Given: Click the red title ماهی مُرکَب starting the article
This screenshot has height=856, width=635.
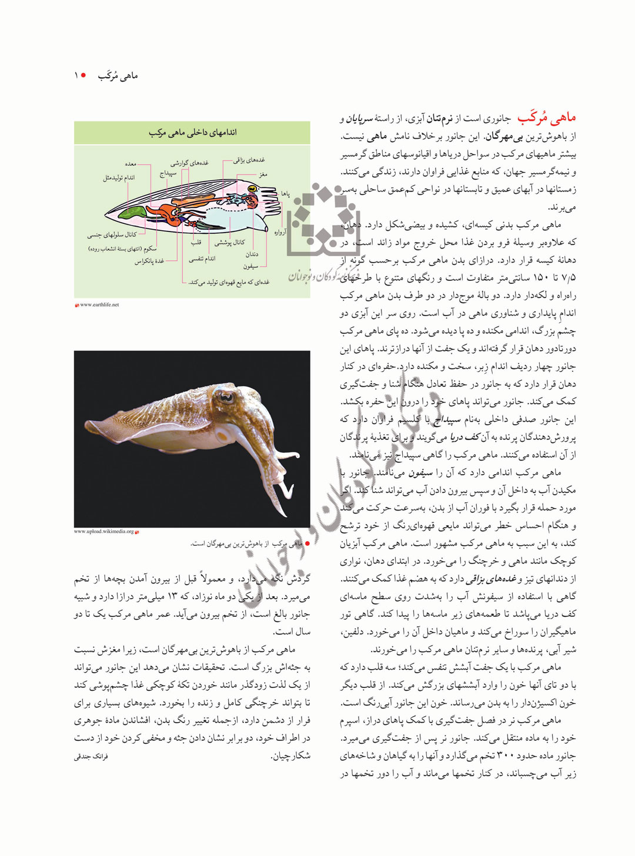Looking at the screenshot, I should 546,118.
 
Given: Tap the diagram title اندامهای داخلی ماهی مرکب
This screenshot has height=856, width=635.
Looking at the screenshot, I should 192,133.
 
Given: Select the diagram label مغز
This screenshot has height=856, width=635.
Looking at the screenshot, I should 263,174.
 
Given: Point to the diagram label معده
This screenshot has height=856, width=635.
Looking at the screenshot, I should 131,164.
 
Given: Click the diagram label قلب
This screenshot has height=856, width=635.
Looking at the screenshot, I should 196,242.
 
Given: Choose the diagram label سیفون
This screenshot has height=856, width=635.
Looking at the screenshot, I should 250,266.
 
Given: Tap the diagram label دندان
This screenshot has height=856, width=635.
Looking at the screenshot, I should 252,254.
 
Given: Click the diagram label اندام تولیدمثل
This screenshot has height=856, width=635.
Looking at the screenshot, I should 119,177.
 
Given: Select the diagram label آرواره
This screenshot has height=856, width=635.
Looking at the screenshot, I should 280,233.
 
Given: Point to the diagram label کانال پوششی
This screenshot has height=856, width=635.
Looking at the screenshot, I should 229,242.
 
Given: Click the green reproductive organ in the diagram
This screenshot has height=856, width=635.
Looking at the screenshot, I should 134,212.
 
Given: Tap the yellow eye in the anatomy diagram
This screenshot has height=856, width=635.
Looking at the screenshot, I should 252,189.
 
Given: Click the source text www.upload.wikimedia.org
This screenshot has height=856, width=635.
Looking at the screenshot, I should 103,532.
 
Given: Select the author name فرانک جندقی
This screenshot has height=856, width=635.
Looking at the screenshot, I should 91,756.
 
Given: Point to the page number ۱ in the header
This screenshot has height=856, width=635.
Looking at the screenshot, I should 76,76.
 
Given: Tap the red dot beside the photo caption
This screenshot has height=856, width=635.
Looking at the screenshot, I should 307,543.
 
